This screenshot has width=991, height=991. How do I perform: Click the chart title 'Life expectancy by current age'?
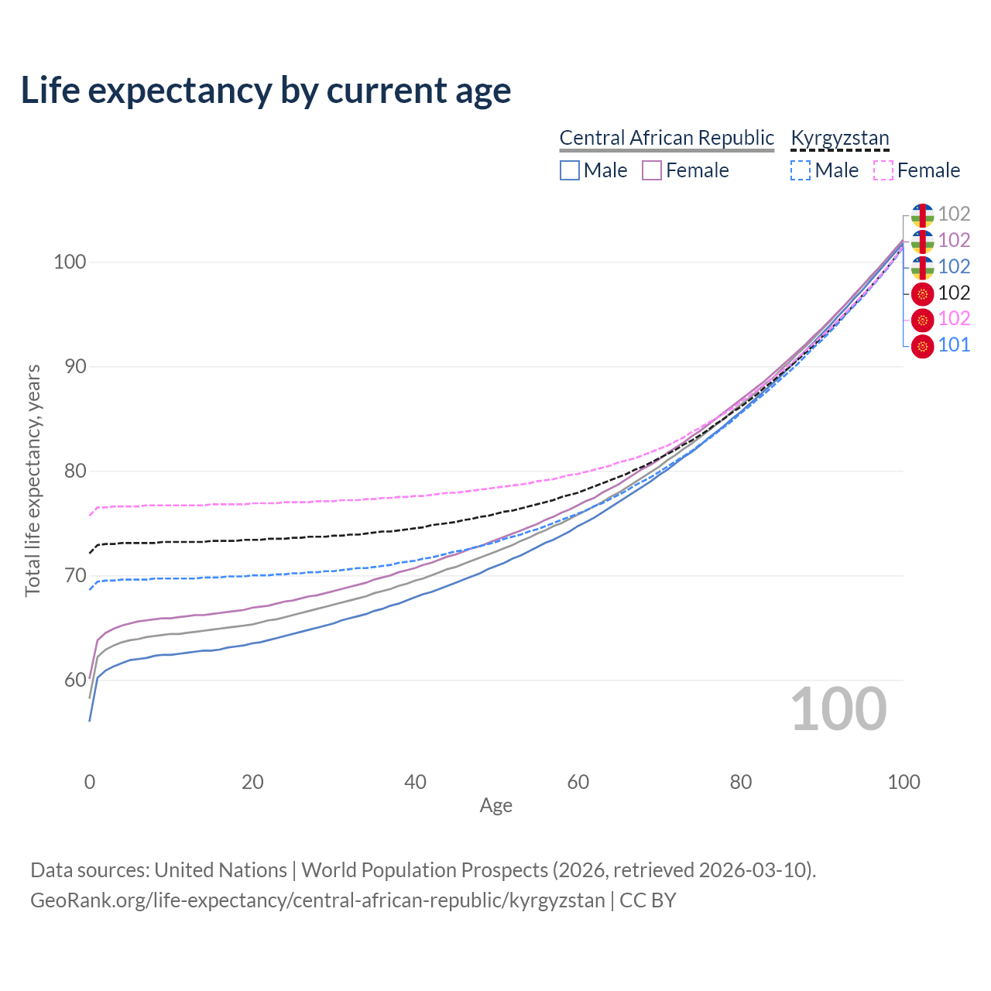[266, 90]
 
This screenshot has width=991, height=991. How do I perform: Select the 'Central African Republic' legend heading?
[667, 138]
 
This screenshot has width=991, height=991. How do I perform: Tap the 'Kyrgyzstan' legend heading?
[840, 138]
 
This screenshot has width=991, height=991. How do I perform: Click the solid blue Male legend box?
[570, 170]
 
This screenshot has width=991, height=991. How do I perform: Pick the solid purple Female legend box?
[652, 170]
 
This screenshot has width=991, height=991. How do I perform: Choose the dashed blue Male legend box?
[801, 170]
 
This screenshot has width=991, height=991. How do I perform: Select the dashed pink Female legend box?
[883, 170]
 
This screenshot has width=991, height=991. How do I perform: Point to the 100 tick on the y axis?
[69, 262]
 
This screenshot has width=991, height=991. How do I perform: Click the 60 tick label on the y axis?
[75, 680]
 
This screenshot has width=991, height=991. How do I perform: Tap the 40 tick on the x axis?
[416, 782]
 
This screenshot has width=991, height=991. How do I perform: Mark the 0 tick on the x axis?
[90, 782]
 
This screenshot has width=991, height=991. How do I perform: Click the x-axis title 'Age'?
[495, 806]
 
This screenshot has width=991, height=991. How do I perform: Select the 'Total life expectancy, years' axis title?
[33, 481]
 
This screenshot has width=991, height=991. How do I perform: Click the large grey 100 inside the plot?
[838, 709]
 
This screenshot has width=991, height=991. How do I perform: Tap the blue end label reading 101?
[954, 345]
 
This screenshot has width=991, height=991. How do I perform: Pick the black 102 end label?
[954, 293]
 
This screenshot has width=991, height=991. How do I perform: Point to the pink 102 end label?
[954, 319]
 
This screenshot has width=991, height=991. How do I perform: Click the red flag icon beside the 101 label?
[922, 346]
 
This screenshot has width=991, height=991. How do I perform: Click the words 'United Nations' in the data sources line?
[221, 870]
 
